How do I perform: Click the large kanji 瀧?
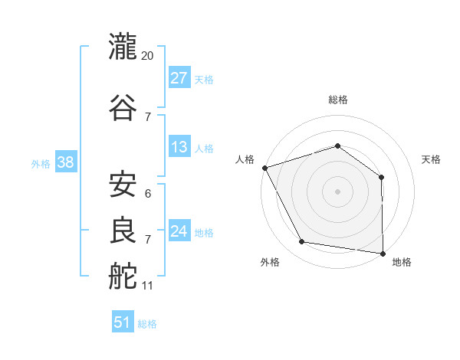(123, 46)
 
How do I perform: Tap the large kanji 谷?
(123, 107)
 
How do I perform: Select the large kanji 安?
(123, 184)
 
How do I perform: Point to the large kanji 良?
(123, 230)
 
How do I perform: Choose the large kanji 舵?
(123, 276)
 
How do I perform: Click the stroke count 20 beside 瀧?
(147, 56)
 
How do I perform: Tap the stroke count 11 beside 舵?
(147, 286)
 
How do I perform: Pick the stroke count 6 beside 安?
(148, 194)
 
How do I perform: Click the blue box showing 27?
(179, 77)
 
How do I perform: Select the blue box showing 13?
(179, 146)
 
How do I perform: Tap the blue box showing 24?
(179, 230)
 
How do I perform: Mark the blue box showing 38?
(66, 162)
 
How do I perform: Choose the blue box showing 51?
(123, 321)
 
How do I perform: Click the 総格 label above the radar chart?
(338, 100)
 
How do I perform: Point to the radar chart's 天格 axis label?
(431, 159)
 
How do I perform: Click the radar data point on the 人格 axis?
(265, 168)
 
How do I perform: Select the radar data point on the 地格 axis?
(383, 254)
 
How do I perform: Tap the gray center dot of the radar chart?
(337, 191)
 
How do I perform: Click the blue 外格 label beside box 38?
(41, 164)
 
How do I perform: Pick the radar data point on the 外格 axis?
(301, 241)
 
